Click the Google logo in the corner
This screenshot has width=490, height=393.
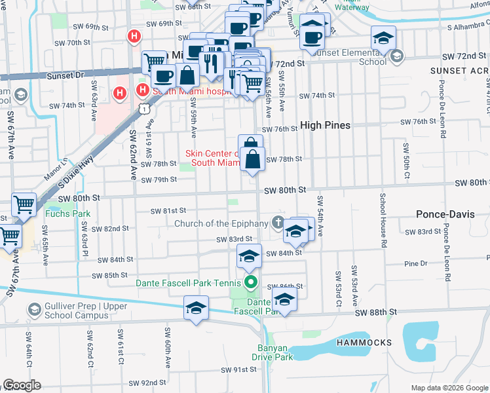[x=22, y=385]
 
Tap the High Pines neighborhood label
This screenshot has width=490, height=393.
[x=325, y=125]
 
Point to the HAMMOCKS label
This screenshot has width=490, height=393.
[x=364, y=343]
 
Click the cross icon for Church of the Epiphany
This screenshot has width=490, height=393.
[x=278, y=223]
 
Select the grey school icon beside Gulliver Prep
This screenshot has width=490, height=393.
[x=34, y=309]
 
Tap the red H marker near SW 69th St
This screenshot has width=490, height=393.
[x=134, y=36]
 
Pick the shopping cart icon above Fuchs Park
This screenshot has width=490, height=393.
[x=24, y=204]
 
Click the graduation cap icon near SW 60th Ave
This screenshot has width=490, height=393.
[x=196, y=307]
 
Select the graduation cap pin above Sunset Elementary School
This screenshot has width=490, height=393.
[x=383, y=37]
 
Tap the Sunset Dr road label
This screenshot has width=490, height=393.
[x=66, y=76]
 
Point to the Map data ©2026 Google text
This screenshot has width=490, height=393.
[x=449, y=388]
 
